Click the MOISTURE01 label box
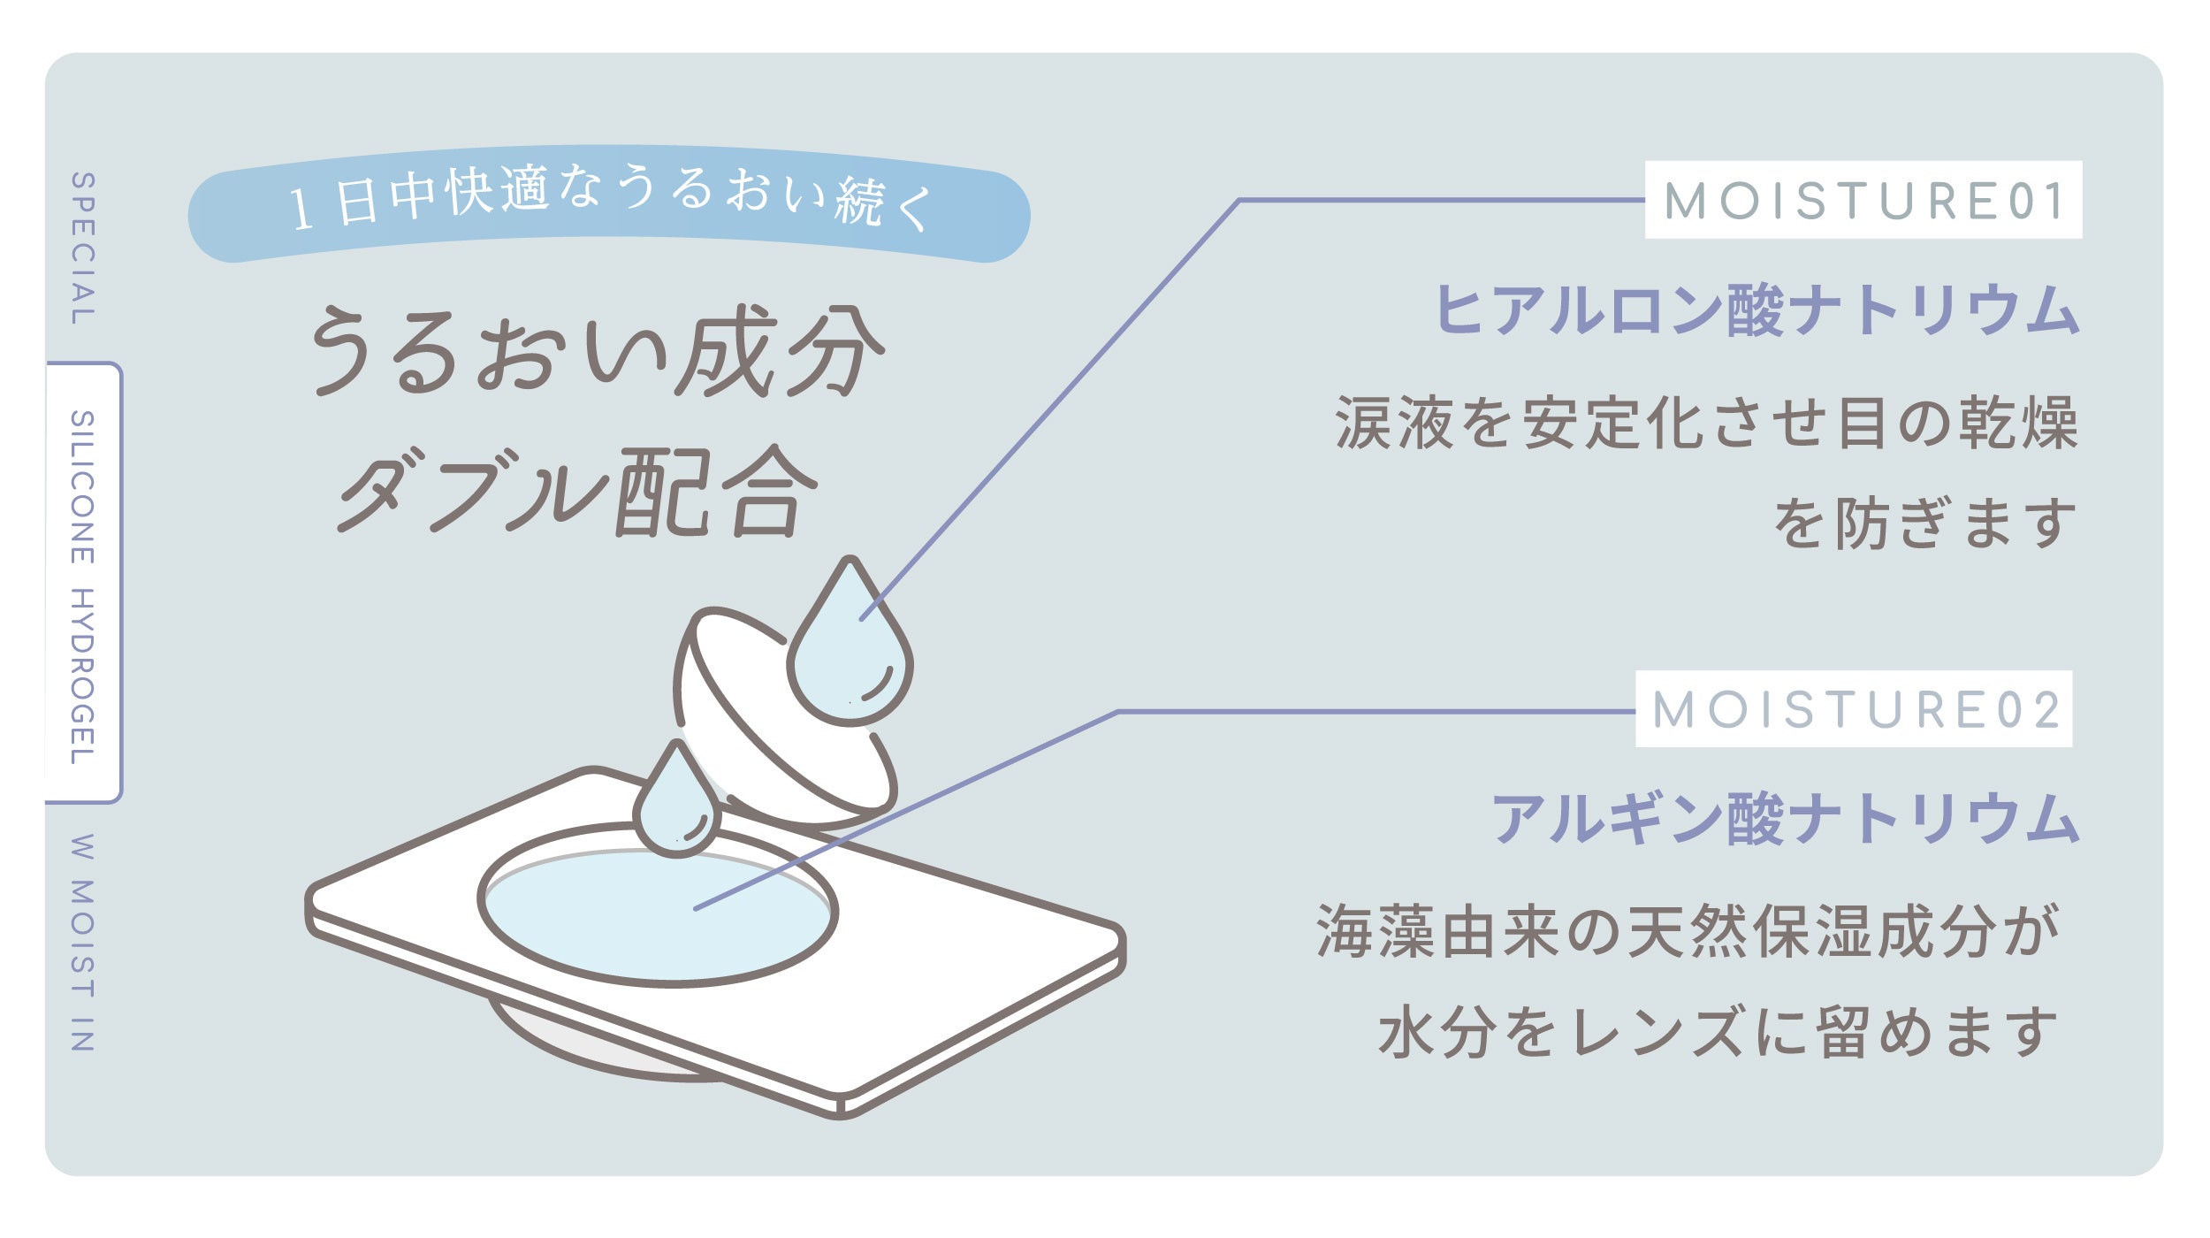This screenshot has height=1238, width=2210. pyautogui.click(x=1863, y=200)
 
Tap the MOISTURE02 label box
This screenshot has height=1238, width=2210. pyautogui.click(x=1853, y=709)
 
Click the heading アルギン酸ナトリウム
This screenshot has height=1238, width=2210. pyautogui.click(x=1785, y=819)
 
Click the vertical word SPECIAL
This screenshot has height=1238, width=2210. pyautogui.click(x=83, y=248)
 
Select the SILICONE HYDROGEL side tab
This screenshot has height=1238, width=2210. pyautogui.click(x=83, y=585)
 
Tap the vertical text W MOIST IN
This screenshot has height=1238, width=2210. pyautogui.click(x=82, y=943)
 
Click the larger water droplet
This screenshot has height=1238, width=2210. pyautogui.click(x=849, y=654)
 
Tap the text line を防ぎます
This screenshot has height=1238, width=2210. pyautogui.click(x=1924, y=523)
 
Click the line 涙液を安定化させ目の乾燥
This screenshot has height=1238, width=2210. pyautogui.click(x=1705, y=423)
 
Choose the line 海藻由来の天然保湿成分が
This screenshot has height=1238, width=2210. pyautogui.click(x=1689, y=931)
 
